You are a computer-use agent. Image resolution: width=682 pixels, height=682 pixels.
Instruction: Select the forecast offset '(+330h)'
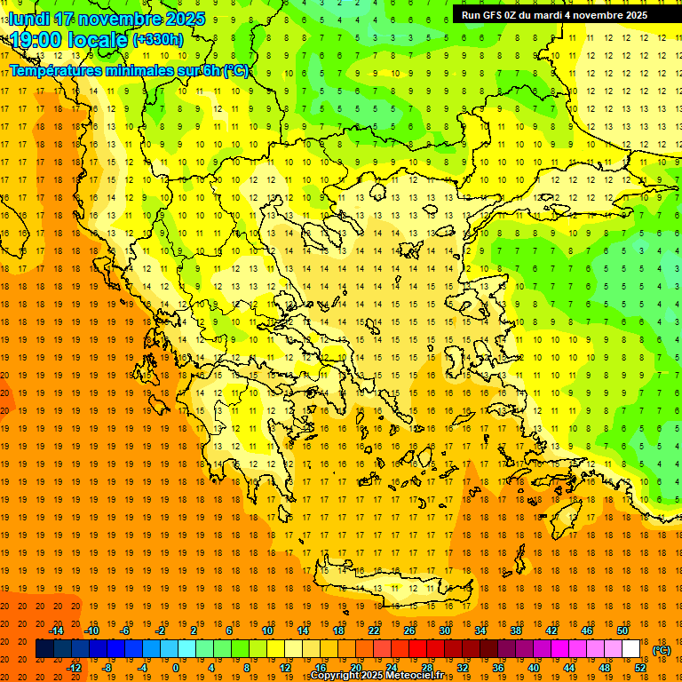click(158, 39)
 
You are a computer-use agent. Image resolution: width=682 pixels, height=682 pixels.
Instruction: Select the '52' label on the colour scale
click(640, 668)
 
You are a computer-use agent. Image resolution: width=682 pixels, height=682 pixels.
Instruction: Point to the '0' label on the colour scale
click(176, 668)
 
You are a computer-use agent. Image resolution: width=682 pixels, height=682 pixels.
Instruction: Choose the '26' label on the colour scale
click(409, 630)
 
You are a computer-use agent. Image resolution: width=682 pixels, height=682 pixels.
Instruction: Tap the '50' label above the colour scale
click(623, 630)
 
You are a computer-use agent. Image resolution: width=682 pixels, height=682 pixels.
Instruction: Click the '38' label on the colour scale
click(516, 630)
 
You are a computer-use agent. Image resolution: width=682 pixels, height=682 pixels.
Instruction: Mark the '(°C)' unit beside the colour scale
click(662, 650)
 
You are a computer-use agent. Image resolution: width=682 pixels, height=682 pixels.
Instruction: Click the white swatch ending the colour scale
click(631, 649)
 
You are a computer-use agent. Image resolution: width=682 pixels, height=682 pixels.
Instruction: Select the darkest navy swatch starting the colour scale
click(44, 649)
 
